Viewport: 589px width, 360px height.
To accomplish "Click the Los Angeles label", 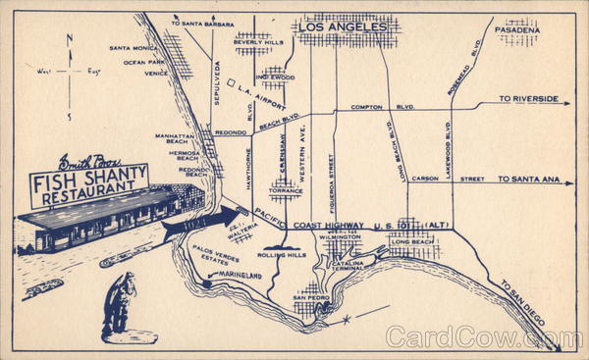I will [349, 26].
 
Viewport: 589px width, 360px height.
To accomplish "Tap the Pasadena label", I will [517, 30].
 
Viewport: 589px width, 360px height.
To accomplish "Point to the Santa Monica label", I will [133, 48].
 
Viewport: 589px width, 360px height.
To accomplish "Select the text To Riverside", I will [528, 99].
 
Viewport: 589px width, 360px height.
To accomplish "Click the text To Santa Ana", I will [528, 180].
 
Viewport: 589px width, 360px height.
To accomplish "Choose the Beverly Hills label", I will [259, 42].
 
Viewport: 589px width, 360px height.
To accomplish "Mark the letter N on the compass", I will [68, 39].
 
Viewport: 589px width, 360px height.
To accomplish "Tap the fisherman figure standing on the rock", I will [117, 303].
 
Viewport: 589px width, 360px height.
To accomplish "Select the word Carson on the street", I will [425, 180].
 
